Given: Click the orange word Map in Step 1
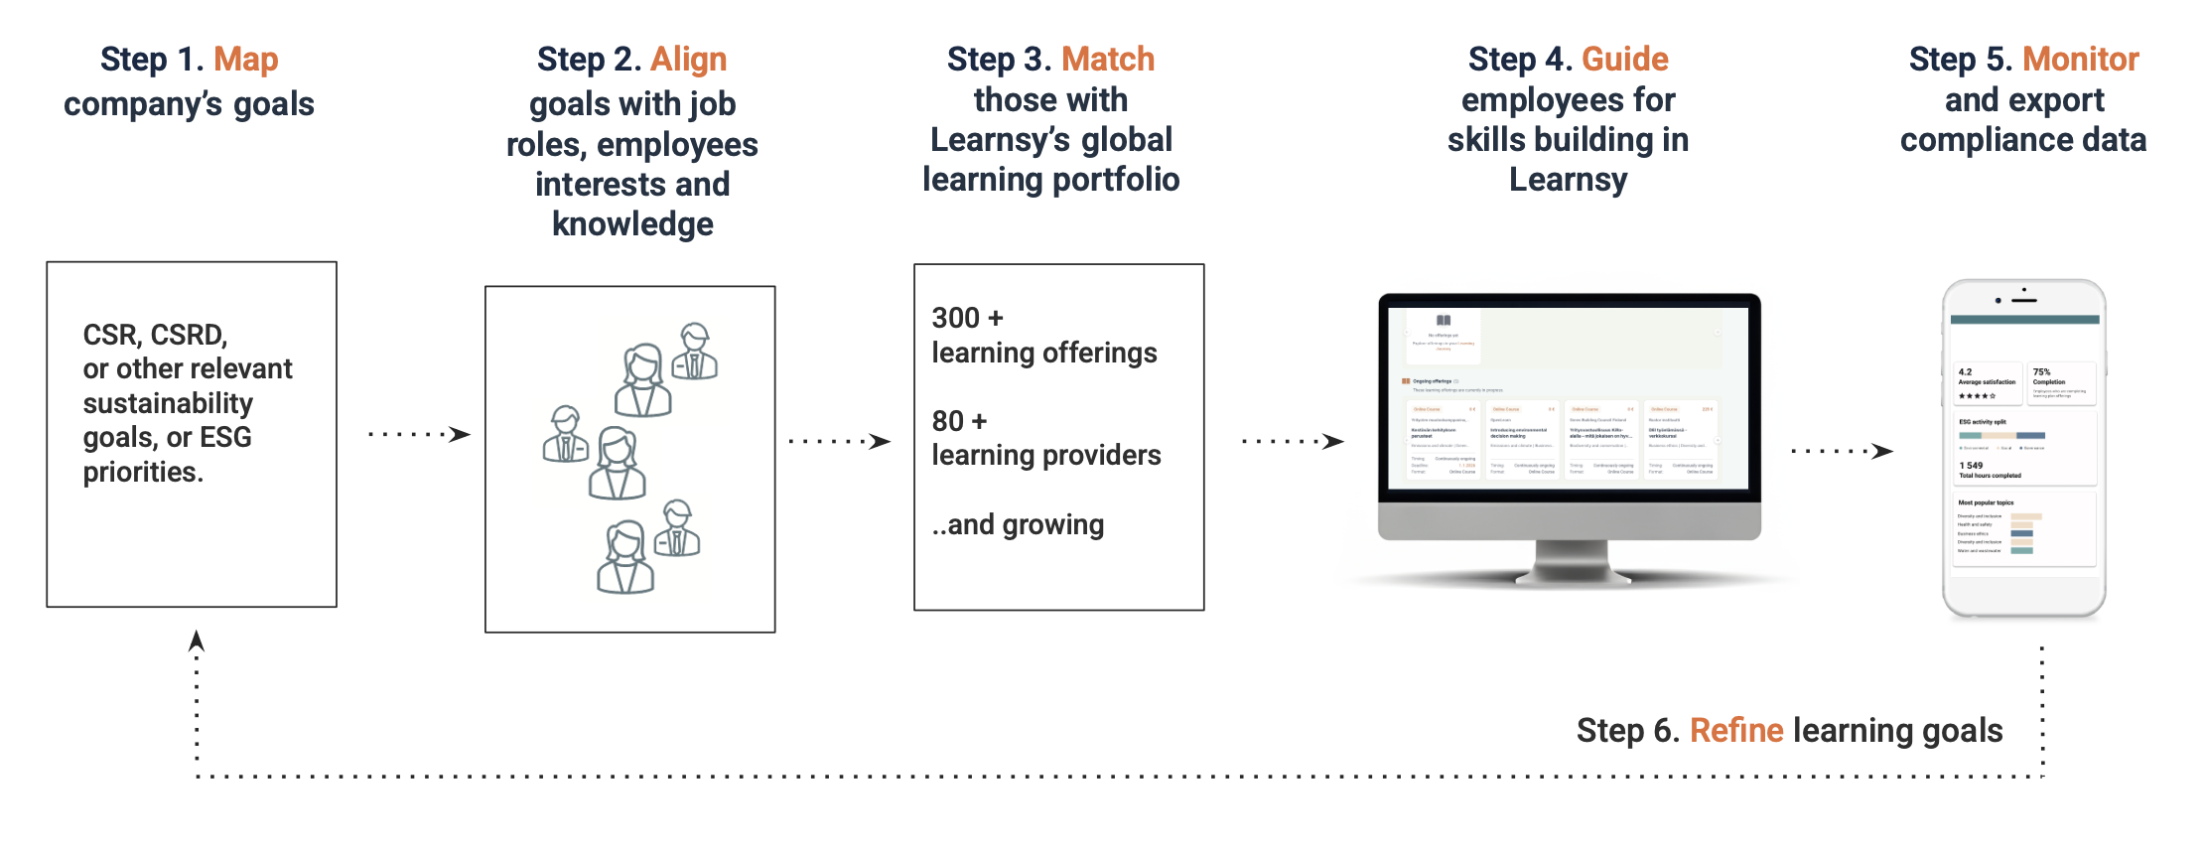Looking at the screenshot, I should (246, 60).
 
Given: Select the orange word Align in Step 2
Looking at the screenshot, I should (689, 60).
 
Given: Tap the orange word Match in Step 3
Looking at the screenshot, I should (1108, 60).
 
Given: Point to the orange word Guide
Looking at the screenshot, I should (1625, 60).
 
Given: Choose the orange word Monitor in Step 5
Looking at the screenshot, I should (2081, 60).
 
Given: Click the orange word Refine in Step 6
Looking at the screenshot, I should (1736, 731).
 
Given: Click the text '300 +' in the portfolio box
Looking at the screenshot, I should (968, 318).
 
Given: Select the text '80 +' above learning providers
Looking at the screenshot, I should (959, 421).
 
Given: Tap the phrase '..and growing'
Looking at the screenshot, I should (1018, 524).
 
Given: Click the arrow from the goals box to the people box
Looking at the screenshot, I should (420, 434).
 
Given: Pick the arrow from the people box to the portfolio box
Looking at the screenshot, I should (840, 441).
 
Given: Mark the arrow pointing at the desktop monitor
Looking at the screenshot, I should (1293, 441).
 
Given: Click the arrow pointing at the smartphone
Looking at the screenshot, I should (1842, 451).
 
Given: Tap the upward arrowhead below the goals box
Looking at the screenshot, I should (197, 641).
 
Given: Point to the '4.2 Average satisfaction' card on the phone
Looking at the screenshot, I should (1986, 383).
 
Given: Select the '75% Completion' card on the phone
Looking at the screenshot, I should (2061, 383).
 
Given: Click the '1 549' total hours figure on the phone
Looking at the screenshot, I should (1972, 466).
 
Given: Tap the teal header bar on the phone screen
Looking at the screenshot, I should (2024, 320).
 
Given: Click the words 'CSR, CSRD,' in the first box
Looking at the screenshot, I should (155, 335).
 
